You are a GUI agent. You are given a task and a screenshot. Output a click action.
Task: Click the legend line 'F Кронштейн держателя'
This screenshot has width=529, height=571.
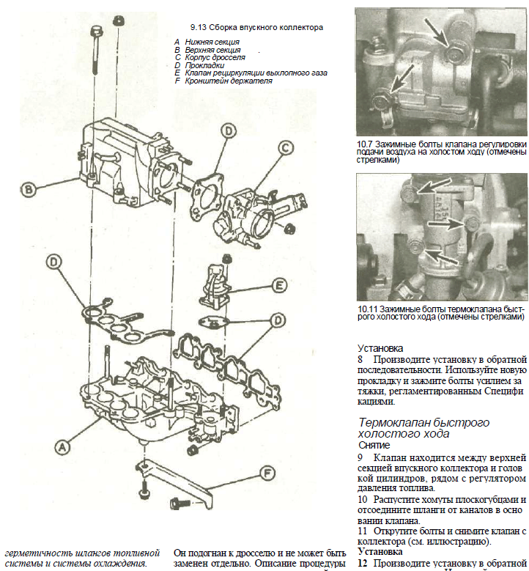[x=223, y=81]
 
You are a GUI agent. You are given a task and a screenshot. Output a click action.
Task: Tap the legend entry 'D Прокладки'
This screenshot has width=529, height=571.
[x=193, y=65]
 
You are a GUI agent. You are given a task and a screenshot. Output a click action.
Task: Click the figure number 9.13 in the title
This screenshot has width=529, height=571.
[x=199, y=27]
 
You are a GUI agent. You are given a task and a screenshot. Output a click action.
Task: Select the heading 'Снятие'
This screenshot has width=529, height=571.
[x=374, y=445]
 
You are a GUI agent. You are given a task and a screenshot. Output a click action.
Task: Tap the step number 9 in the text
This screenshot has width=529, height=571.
[x=360, y=457]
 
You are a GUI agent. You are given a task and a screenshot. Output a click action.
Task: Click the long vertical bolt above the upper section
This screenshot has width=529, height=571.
[x=97, y=51]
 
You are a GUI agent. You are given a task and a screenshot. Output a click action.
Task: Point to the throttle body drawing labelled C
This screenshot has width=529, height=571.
[x=245, y=213]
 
